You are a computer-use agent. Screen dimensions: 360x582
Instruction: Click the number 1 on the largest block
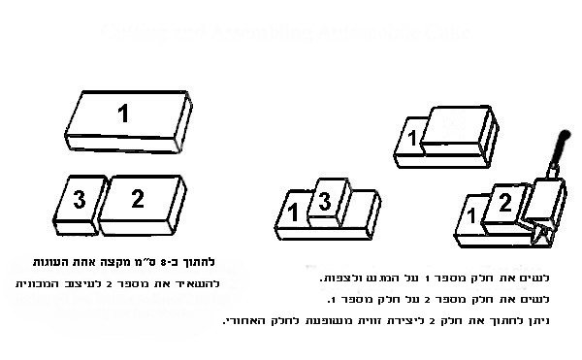pos(124,114)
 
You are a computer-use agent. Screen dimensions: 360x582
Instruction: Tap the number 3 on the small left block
pos(77,200)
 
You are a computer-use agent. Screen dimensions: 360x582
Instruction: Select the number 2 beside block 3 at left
pos(138,199)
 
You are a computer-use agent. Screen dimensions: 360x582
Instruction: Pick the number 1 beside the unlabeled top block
pos(411,139)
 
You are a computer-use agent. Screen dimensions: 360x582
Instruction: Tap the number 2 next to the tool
pos(504,202)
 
